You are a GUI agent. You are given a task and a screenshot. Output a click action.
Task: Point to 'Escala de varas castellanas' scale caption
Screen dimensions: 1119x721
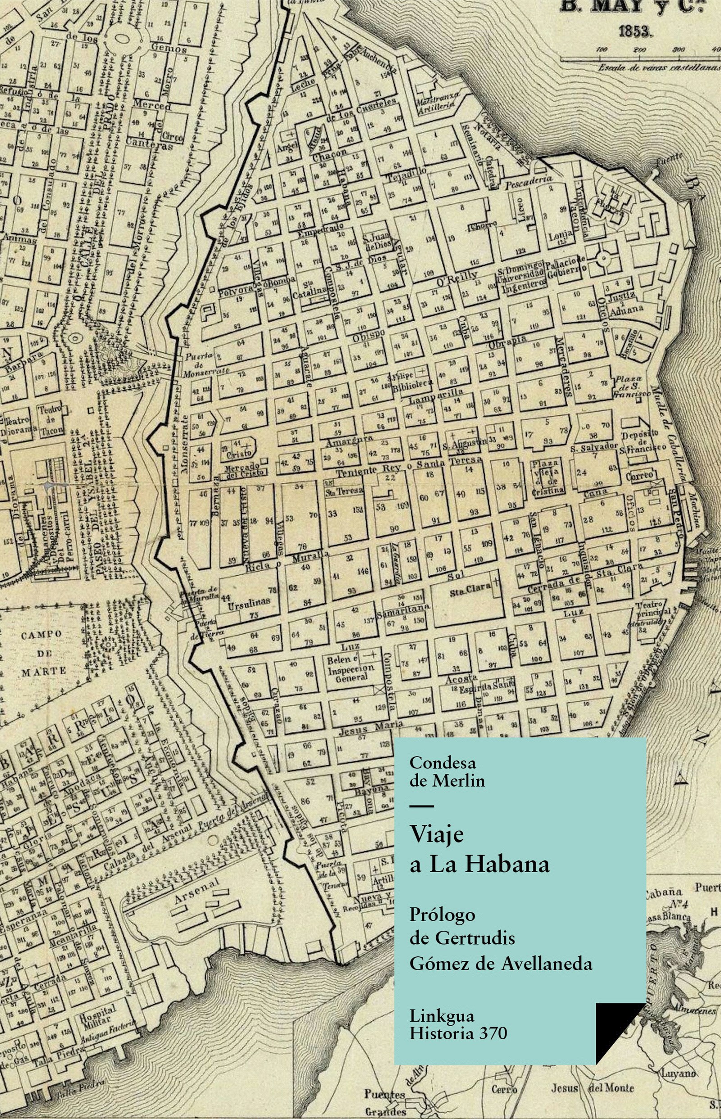click(x=658, y=68)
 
